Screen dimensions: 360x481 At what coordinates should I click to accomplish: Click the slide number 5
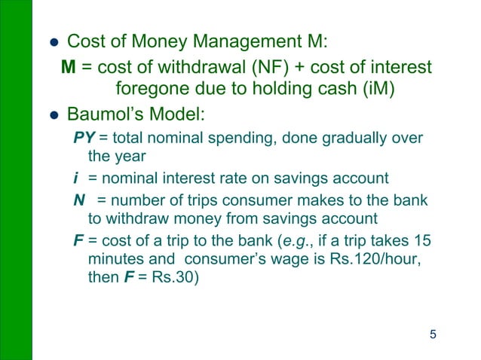click(433, 334)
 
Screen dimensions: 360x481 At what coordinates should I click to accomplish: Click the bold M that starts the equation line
click(68, 68)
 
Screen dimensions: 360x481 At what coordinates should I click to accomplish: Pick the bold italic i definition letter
click(75, 178)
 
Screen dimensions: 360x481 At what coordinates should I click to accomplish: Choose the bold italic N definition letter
click(78, 200)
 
